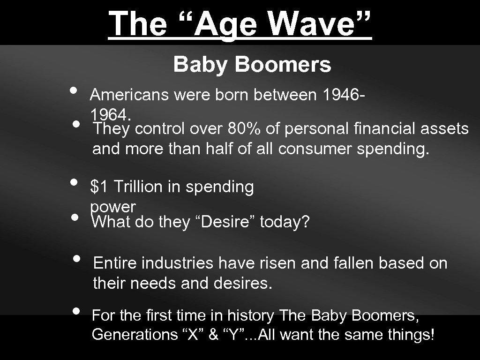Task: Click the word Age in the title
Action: coord(222,23)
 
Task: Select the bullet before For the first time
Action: coord(77,310)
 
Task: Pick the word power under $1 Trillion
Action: coord(112,207)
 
